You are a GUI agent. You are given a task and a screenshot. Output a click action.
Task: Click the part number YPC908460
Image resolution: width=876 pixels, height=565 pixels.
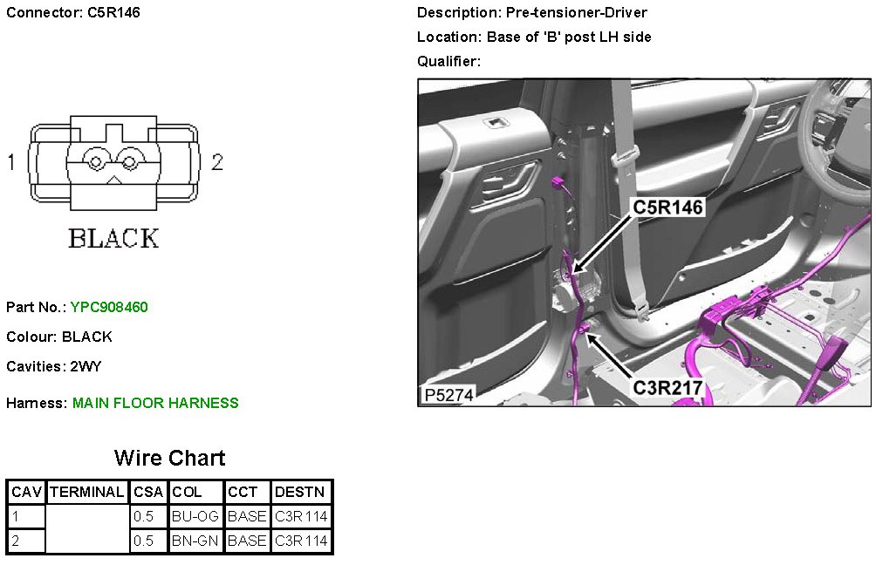click(x=109, y=307)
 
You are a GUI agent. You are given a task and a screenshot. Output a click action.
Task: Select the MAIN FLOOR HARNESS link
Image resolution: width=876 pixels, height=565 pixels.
click(x=155, y=403)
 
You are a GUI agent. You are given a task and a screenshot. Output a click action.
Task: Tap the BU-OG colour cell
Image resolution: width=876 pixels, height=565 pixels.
click(x=195, y=516)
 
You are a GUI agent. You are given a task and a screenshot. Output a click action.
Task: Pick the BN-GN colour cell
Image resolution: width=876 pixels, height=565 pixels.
click(x=195, y=541)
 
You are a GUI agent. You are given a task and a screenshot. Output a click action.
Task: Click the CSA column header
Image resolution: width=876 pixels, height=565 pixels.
click(x=148, y=492)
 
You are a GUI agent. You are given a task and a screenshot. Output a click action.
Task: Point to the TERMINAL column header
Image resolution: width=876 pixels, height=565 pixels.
click(x=87, y=492)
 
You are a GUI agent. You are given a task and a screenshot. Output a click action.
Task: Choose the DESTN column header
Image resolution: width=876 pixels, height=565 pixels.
click(x=300, y=492)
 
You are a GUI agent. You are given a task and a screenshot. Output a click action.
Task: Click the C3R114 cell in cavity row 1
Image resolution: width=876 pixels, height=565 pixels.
click(x=301, y=516)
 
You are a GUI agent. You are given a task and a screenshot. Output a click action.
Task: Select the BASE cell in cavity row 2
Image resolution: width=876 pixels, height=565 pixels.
click(x=247, y=541)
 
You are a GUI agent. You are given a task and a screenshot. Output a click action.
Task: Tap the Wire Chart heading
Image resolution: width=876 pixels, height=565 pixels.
click(x=170, y=458)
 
